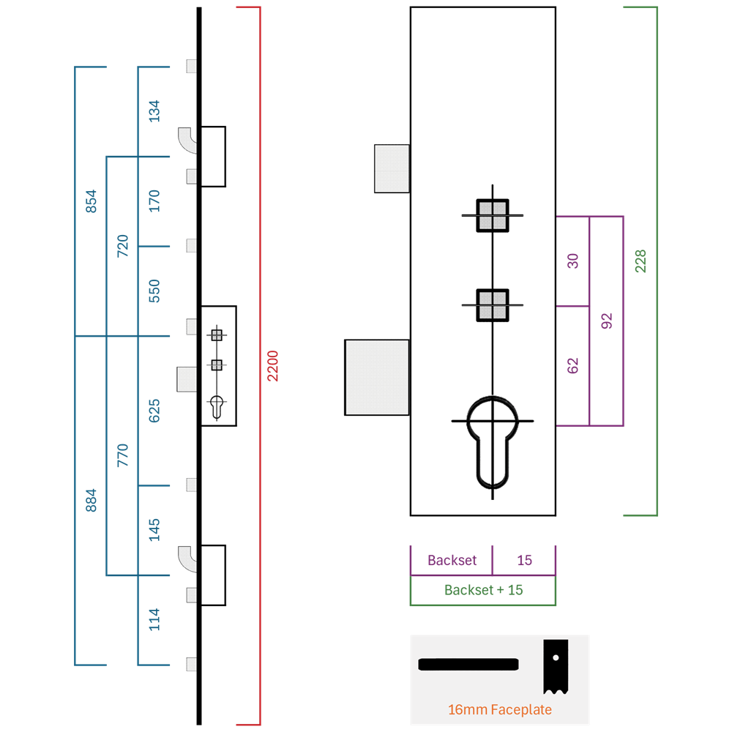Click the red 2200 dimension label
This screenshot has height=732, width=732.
click(272, 366)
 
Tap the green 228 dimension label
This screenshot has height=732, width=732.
click(640, 261)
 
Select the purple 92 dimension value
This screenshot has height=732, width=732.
click(606, 321)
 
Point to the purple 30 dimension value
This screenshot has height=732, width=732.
click(573, 261)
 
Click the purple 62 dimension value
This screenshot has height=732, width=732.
click(573, 366)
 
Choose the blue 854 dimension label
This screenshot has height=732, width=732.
click(91, 201)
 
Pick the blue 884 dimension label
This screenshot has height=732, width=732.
click(91, 501)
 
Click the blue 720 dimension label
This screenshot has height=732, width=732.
click(122, 246)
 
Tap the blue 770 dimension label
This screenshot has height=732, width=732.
click(122, 455)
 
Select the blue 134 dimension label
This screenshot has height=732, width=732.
click(154, 111)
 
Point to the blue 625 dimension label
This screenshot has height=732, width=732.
click(154, 411)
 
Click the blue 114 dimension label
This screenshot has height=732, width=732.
click(154, 619)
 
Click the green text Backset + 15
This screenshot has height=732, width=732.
click(483, 590)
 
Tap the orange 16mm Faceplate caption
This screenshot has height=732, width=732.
click(499, 709)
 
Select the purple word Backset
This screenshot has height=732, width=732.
click(452, 560)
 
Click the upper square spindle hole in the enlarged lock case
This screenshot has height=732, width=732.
click(493, 216)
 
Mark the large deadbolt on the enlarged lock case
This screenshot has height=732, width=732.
click(377, 377)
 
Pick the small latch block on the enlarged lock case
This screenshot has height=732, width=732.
click(392, 168)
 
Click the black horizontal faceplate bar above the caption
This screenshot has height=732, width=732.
click(468, 665)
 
